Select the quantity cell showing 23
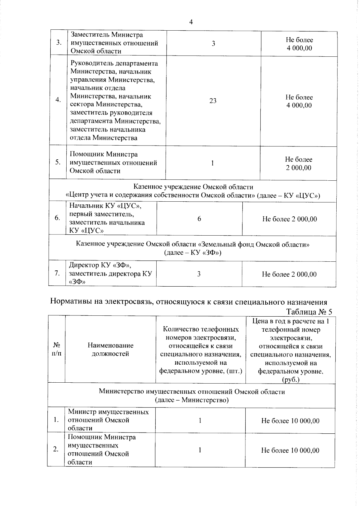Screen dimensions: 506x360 coord(213,101)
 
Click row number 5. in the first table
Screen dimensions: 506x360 coord(58,162)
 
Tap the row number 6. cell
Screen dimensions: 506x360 coord(57,218)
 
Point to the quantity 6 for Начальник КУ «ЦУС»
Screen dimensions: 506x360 coord(199,219)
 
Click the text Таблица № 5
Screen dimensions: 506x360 coord(309,312)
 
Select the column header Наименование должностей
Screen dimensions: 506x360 coord(110,350)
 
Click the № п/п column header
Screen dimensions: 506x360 coord(56,350)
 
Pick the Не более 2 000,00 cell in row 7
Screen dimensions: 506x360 coord(289,274)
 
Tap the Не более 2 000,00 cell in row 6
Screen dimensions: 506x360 coord(289,219)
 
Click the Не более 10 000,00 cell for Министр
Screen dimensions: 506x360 coord(290,421)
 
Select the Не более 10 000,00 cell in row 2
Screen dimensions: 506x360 coord(290,450)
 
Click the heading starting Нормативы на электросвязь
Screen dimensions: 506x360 coord(188,302)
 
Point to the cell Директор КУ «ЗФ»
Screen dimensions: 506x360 coord(110,273)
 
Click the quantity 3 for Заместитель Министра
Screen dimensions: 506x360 coord(213,44)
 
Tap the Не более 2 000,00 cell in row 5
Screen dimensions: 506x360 coord(298,164)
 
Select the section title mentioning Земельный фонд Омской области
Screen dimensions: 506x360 coord(193,248)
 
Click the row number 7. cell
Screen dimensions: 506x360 coord(57,273)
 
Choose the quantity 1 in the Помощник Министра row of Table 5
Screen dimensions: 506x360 coord(200,450)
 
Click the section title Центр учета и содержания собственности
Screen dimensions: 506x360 coord(193,191)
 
